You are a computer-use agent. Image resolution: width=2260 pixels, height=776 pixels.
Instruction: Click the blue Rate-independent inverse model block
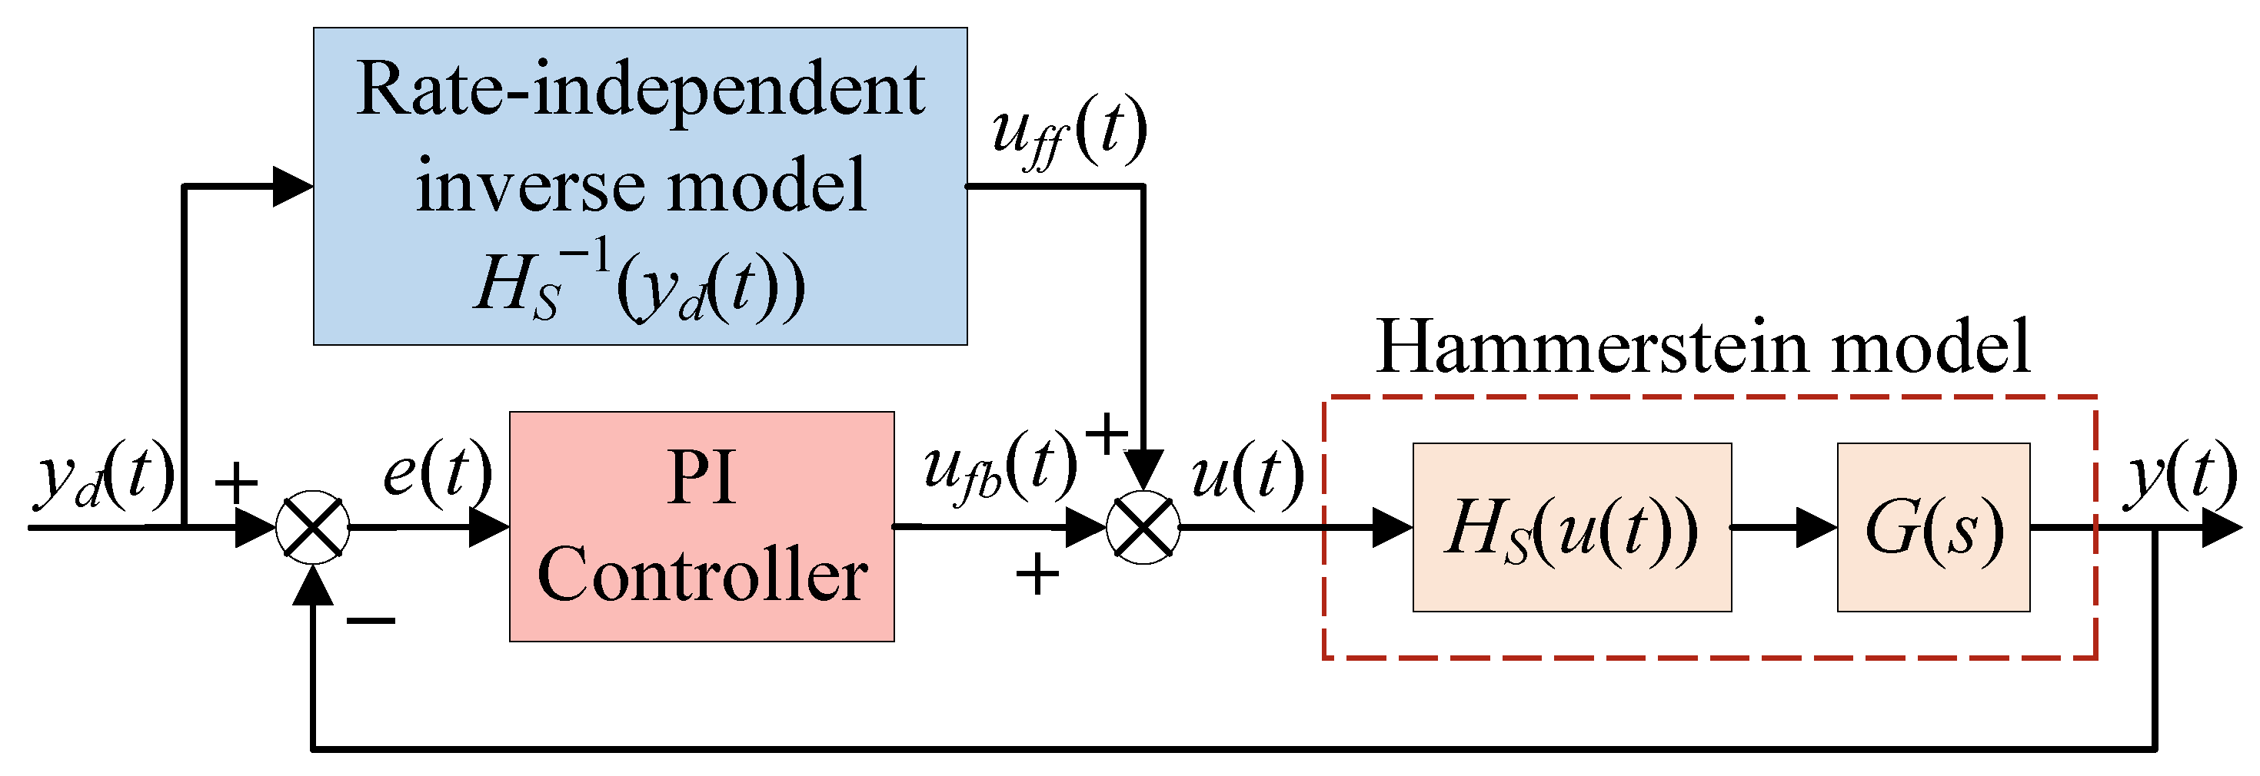pyautogui.click(x=640, y=185)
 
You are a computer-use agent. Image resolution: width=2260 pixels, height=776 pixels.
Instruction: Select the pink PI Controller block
pyautogui.click(x=701, y=526)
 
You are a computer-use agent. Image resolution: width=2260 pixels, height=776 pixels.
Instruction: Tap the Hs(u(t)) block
pyautogui.click(x=1571, y=527)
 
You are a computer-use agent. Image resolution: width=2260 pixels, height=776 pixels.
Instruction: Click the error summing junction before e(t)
pyautogui.click(x=312, y=527)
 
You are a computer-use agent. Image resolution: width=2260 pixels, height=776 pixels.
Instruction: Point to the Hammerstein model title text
pyautogui.click(x=1702, y=347)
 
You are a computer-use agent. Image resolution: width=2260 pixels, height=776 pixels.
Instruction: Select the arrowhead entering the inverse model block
pyautogui.click(x=293, y=186)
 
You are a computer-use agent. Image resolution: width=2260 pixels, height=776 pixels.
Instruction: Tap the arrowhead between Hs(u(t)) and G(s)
pyautogui.click(x=1816, y=527)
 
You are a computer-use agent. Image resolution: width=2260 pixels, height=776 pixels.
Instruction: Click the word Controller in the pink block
pyautogui.click(x=701, y=575)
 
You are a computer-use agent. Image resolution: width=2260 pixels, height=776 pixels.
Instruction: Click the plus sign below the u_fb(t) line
pyautogui.click(x=1037, y=575)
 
